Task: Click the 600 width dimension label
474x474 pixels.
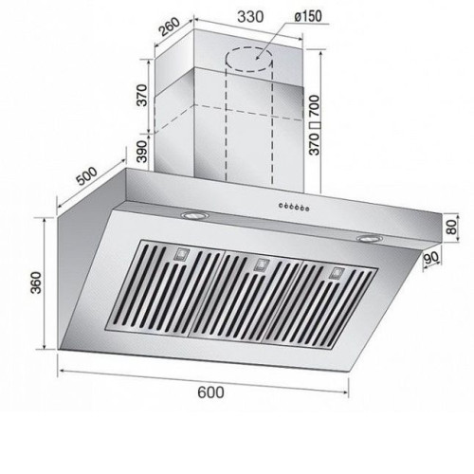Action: click(210, 392)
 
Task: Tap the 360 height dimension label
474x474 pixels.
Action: click(36, 283)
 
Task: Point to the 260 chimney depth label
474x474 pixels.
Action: click(169, 27)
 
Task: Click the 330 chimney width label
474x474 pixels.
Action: click(250, 17)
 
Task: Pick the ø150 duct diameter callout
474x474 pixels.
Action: click(308, 16)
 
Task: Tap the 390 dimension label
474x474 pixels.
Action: click(142, 152)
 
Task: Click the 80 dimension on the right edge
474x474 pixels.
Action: click(452, 227)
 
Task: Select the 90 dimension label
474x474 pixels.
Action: click(431, 259)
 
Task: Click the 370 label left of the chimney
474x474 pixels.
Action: click(142, 95)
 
